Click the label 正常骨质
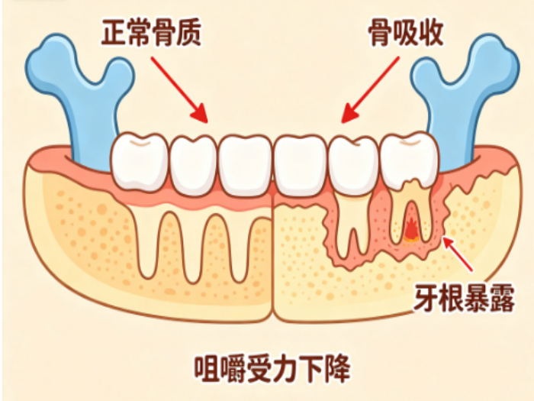(151, 33)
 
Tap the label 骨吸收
(406, 33)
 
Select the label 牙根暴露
(464, 299)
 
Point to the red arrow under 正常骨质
(179, 89)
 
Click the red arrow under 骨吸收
(370, 89)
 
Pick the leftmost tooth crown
(140, 161)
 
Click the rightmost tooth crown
(409, 160)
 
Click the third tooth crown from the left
(245, 167)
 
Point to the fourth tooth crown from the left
(301, 167)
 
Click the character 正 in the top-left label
(114, 33)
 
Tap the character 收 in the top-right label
(431, 33)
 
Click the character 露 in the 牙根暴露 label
(502, 299)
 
